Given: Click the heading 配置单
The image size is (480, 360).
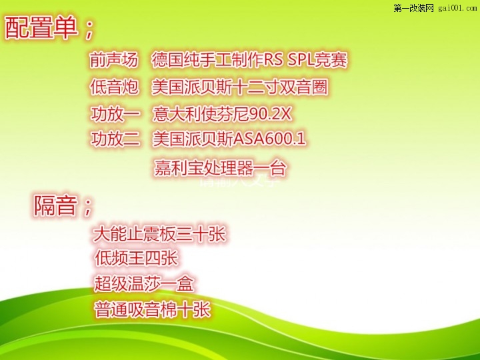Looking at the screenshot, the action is click(x=41, y=27).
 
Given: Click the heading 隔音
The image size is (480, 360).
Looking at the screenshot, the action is click(x=55, y=205).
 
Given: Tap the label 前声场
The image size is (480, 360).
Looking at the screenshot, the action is click(x=113, y=59).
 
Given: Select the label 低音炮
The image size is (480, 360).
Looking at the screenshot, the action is click(x=114, y=87).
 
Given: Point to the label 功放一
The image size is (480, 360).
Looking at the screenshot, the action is click(x=115, y=114).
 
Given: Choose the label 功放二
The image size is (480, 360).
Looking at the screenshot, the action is click(x=115, y=139).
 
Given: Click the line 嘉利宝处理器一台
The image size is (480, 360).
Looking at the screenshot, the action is click(x=220, y=168).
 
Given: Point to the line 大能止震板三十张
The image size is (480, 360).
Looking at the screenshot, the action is click(x=159, y=234).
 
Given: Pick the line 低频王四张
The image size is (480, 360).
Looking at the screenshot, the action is click(x=136, y=257).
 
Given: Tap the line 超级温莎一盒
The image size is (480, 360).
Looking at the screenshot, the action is click(x=143, y=283).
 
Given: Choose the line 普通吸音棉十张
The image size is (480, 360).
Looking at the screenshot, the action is click(x=152, y=309).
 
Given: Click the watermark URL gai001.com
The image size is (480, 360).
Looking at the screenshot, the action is click(x=457, y=8).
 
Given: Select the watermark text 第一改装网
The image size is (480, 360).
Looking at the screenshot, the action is click(x=413, y=8).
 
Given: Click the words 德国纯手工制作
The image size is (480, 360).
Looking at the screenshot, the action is click(x=207, y=60).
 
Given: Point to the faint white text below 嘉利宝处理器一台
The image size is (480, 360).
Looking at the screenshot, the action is click(x=239, y=183).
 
